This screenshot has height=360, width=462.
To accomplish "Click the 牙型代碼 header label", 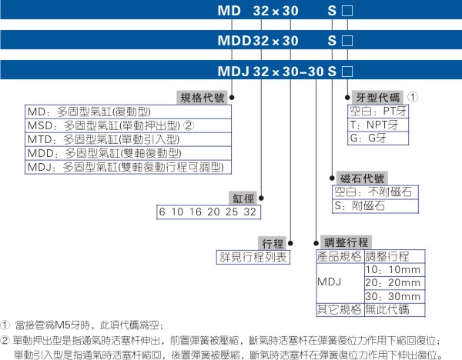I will click(377, 98).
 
